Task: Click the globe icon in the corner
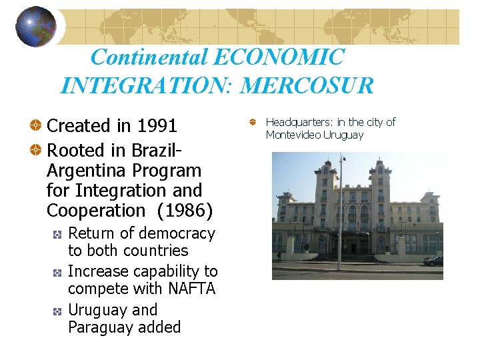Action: (x=35, y=26)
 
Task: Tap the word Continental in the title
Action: (x=149, y=57)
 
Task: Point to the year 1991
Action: (x=157, y=125)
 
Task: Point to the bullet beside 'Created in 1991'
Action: (x=37, y=126)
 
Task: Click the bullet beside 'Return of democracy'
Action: (x=59, y=235)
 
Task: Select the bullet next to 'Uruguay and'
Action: (x=59, y=311)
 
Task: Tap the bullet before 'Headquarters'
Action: (x=253, y=123)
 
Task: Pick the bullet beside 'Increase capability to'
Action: (x=59, y=273)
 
